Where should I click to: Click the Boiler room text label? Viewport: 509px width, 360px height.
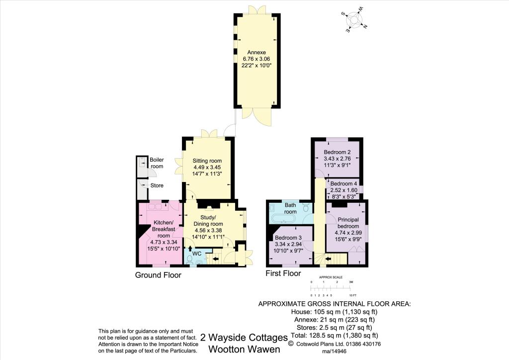coord(157,163)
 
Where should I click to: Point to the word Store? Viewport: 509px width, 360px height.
coord(157,185)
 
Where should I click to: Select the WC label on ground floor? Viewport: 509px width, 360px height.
coord(196,254)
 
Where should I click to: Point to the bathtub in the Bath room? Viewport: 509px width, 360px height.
coord(283,218)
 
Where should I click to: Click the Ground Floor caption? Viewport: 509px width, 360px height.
coord(158,275)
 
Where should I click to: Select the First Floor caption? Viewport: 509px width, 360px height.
coord(284,273)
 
